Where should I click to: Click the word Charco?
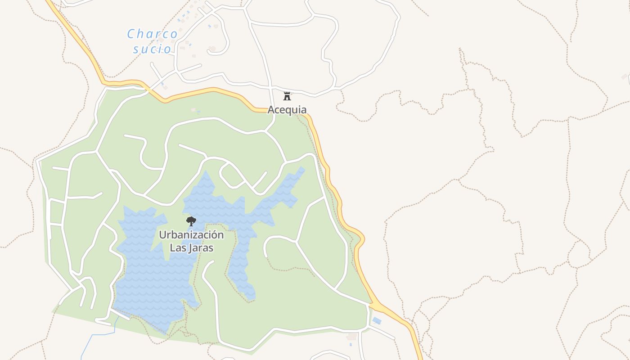point(153,34)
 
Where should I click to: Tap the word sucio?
point(153,49)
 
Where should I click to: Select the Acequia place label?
point(287,109)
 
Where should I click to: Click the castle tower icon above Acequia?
point(287,96)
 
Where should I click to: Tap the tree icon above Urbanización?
point(191,221)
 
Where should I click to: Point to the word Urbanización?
point(191,235)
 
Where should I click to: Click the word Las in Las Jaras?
point(178,247)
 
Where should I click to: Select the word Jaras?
point(201,247)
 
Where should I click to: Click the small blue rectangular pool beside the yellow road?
point(377,321)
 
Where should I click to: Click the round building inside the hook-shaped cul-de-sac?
point(212,49)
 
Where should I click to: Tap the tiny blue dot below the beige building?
point(351,345)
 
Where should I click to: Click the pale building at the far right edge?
point(625,77)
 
